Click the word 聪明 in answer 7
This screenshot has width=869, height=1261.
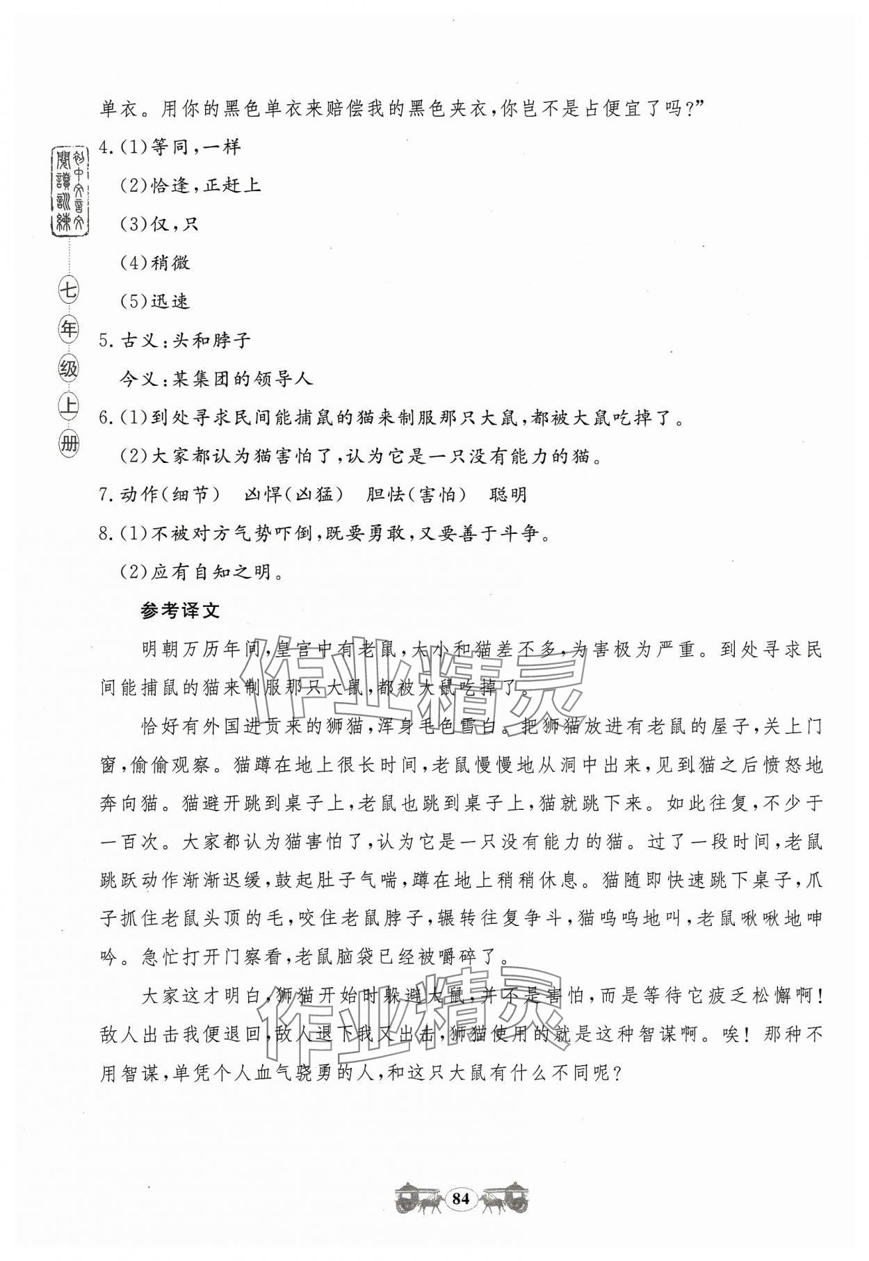point(508,495)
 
